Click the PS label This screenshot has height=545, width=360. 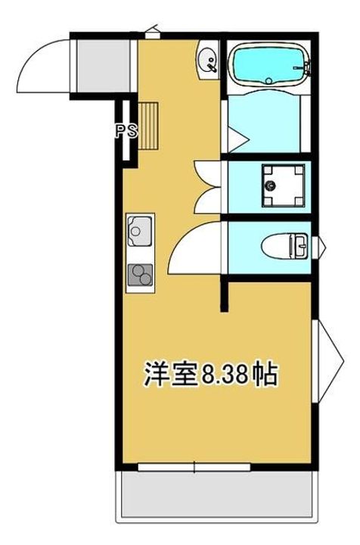pos(126,130)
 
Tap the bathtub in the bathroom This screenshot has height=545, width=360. pos(268,66)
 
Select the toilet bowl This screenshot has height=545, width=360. pos(281,246)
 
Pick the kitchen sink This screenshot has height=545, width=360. pos(140,229)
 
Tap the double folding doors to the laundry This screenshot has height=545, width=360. pos(206,188)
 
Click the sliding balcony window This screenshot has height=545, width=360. pos(195,468)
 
